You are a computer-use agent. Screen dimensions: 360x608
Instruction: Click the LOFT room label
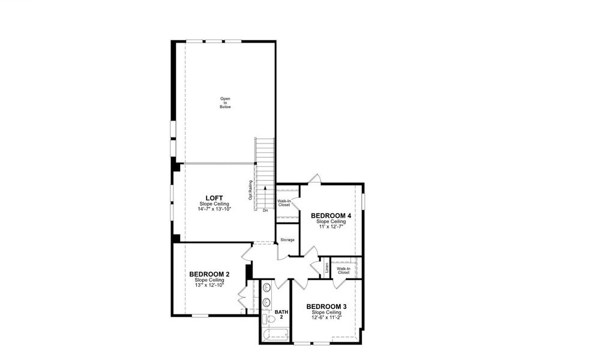coord(214,197)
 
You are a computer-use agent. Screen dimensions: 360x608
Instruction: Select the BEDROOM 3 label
coord(326,307)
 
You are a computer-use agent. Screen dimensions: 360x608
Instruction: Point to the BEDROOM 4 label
coord(331,215)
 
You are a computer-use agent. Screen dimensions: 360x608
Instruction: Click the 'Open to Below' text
coord(225,103)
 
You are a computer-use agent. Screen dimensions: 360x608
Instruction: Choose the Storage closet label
coord(287,240)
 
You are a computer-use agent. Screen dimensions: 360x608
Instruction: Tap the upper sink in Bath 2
coord(266,287)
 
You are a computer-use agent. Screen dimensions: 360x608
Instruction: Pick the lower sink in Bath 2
coord(266,302)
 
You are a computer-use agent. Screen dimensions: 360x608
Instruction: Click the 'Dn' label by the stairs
coord(265,211)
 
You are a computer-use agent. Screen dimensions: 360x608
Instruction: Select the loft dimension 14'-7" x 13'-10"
coord(215,209)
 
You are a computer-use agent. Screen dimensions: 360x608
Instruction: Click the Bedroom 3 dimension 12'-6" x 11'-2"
coord(327,317)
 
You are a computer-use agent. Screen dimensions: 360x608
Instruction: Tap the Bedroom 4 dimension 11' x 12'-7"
coord(331,226)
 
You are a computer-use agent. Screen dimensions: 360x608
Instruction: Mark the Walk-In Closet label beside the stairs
coord(284,203)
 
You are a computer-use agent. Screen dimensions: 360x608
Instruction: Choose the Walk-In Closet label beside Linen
coord(343,271)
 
